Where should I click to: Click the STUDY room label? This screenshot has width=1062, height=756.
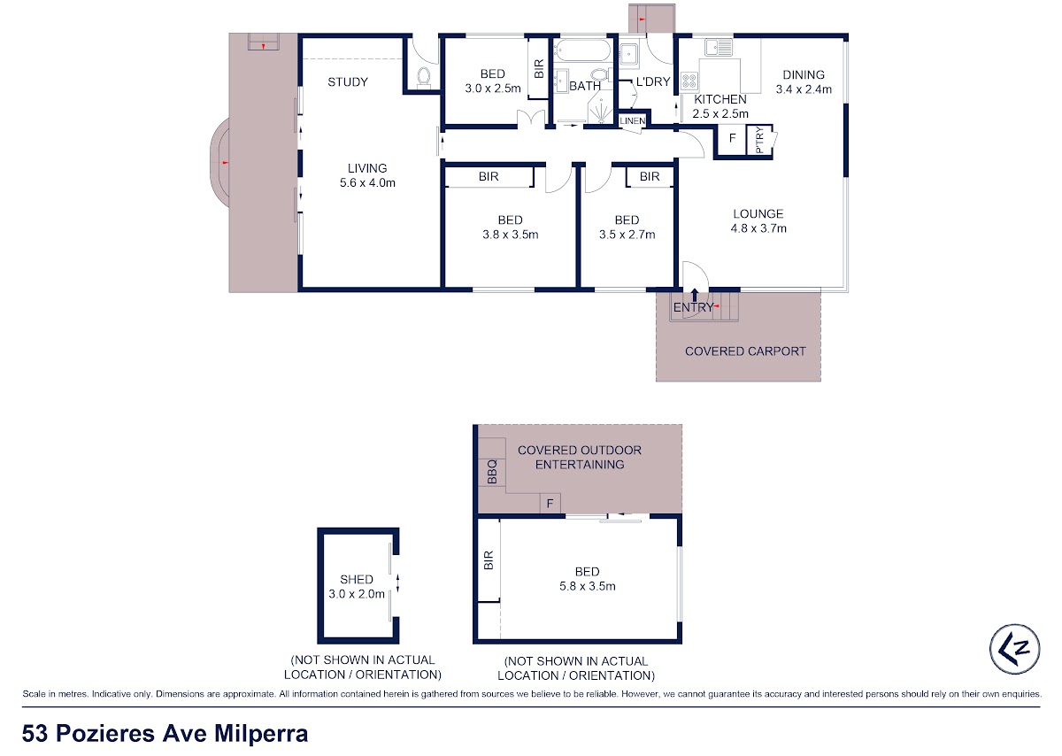[348, 82]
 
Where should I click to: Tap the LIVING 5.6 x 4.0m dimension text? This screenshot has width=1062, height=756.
[367, 182]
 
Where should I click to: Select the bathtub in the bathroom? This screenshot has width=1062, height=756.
[582, 50]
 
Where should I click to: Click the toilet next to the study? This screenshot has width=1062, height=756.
[423, 77]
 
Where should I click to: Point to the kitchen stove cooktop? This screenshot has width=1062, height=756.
[689, 81]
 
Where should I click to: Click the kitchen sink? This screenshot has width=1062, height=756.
[719, 48]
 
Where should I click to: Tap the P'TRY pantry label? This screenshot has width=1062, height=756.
[759, 140]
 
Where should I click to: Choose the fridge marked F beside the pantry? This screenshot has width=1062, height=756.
[732, 138]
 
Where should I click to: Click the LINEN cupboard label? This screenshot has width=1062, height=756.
[633, 121]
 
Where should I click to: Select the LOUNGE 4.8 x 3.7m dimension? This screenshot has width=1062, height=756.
[758, 228]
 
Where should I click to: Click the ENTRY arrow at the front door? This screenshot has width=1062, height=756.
[695, 295]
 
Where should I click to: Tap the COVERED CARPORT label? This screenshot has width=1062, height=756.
[745, 351]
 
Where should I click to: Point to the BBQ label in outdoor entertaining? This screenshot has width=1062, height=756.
[492, 472]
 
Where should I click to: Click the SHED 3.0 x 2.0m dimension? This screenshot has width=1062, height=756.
[357, 594]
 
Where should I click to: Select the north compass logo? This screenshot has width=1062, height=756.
[1014, 649]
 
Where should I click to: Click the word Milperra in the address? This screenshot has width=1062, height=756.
[261, 733]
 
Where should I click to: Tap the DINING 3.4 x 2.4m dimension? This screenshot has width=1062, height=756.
[804, 89]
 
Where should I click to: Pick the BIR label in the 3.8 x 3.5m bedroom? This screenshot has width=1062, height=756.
[489, 176]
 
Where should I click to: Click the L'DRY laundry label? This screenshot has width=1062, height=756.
[653, 81]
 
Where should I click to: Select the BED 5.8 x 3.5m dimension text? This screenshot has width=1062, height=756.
[588, 586]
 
